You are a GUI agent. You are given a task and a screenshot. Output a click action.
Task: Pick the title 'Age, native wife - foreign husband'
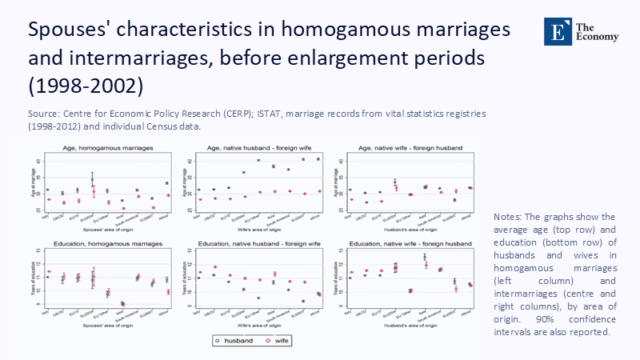pos(407,149)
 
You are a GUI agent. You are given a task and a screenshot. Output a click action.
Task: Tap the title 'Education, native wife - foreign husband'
pos(407,242)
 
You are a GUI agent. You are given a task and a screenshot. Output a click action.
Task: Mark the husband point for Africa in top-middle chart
pos(318,159)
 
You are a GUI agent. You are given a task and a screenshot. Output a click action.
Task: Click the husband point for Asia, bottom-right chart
pos(424,257)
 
